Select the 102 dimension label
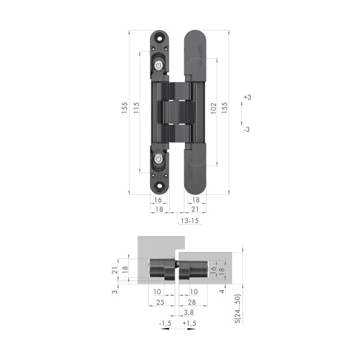coord(214,108)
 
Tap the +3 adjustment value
coord(248,97)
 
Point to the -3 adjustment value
coord(247,130)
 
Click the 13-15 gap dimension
coord(190,221)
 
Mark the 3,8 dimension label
coord(188,312)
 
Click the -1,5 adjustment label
coord(165,323)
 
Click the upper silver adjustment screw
coord(158,65)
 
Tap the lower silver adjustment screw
coord(158,159)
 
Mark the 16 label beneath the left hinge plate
coord(158,200)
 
